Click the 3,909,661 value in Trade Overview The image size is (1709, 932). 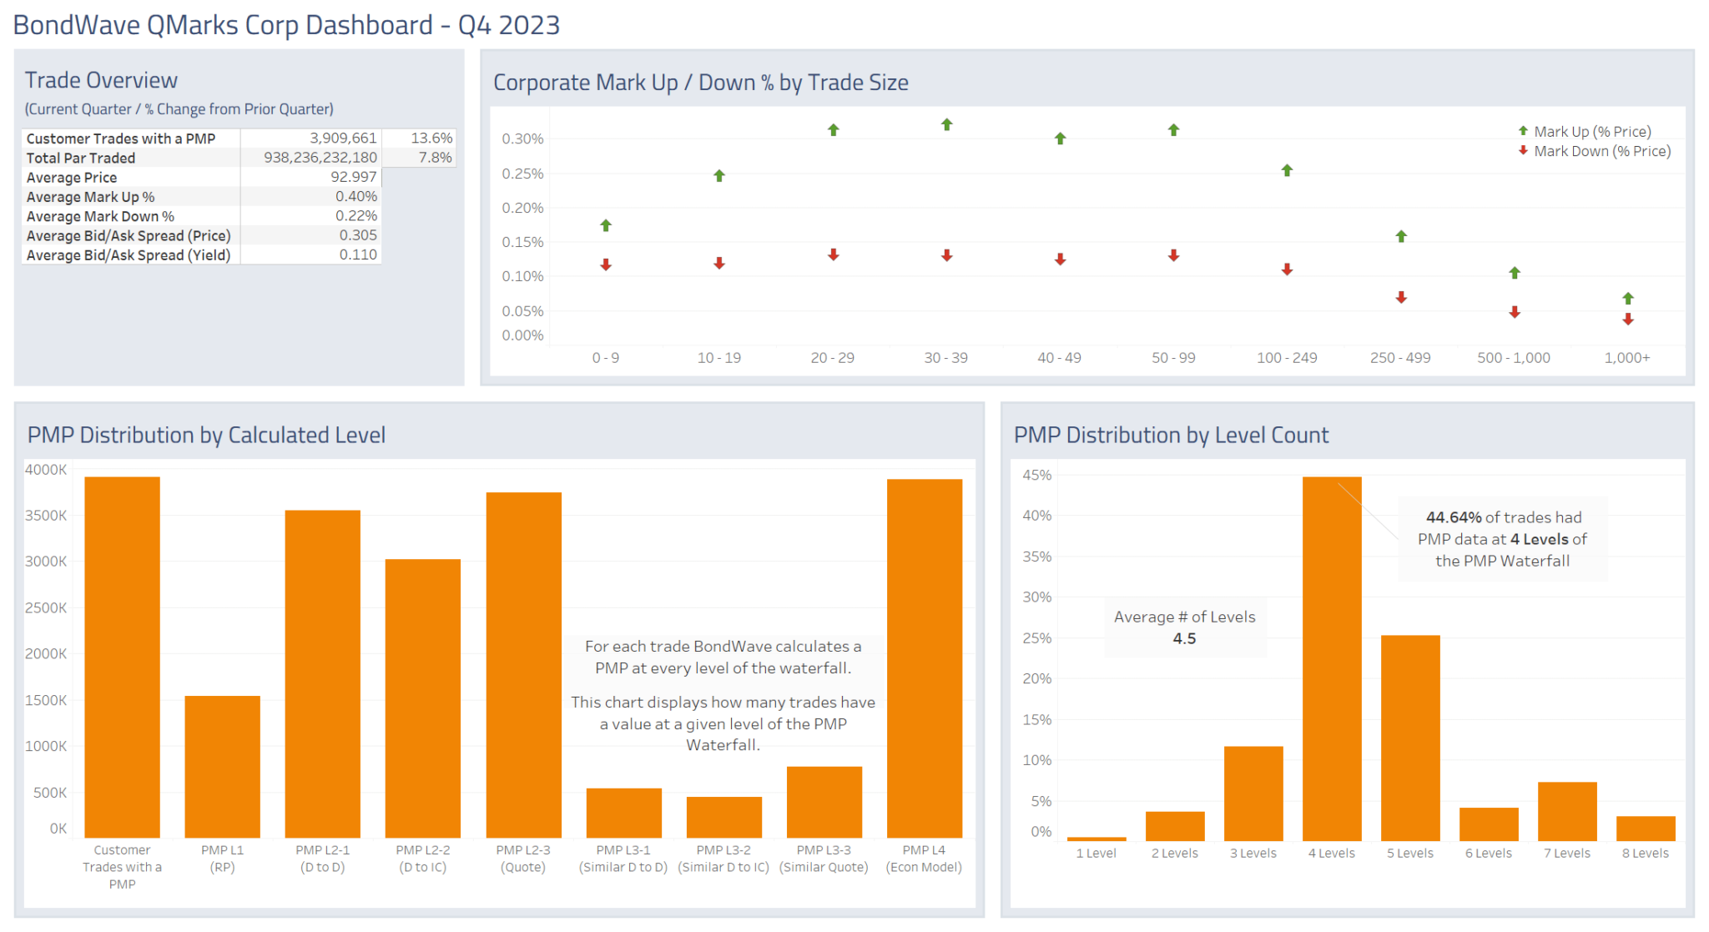coord(343,138)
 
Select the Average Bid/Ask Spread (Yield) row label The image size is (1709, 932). coord(128,254)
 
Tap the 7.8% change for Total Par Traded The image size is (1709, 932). coord(435,157)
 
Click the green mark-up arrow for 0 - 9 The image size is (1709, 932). coord(606,225)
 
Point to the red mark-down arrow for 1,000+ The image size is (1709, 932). coord(1627,320)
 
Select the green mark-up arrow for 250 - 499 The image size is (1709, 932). coord(1401,236)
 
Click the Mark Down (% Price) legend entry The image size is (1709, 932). coord(1601,151)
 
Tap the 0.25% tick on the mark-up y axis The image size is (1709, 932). coord(522,174)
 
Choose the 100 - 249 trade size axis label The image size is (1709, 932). coord(1287,357)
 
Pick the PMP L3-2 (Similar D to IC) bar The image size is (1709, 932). coord(723,817)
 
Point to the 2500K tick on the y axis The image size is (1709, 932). coord(46,607)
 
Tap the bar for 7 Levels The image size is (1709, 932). coord(1566,810)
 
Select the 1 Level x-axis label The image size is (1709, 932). coord(1096,853)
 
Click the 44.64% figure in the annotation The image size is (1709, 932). coord(1454,517)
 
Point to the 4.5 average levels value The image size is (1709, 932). coord(1184,638)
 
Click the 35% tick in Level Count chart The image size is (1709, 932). coord(1036,557)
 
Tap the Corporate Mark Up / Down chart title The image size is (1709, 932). coord(700,83)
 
